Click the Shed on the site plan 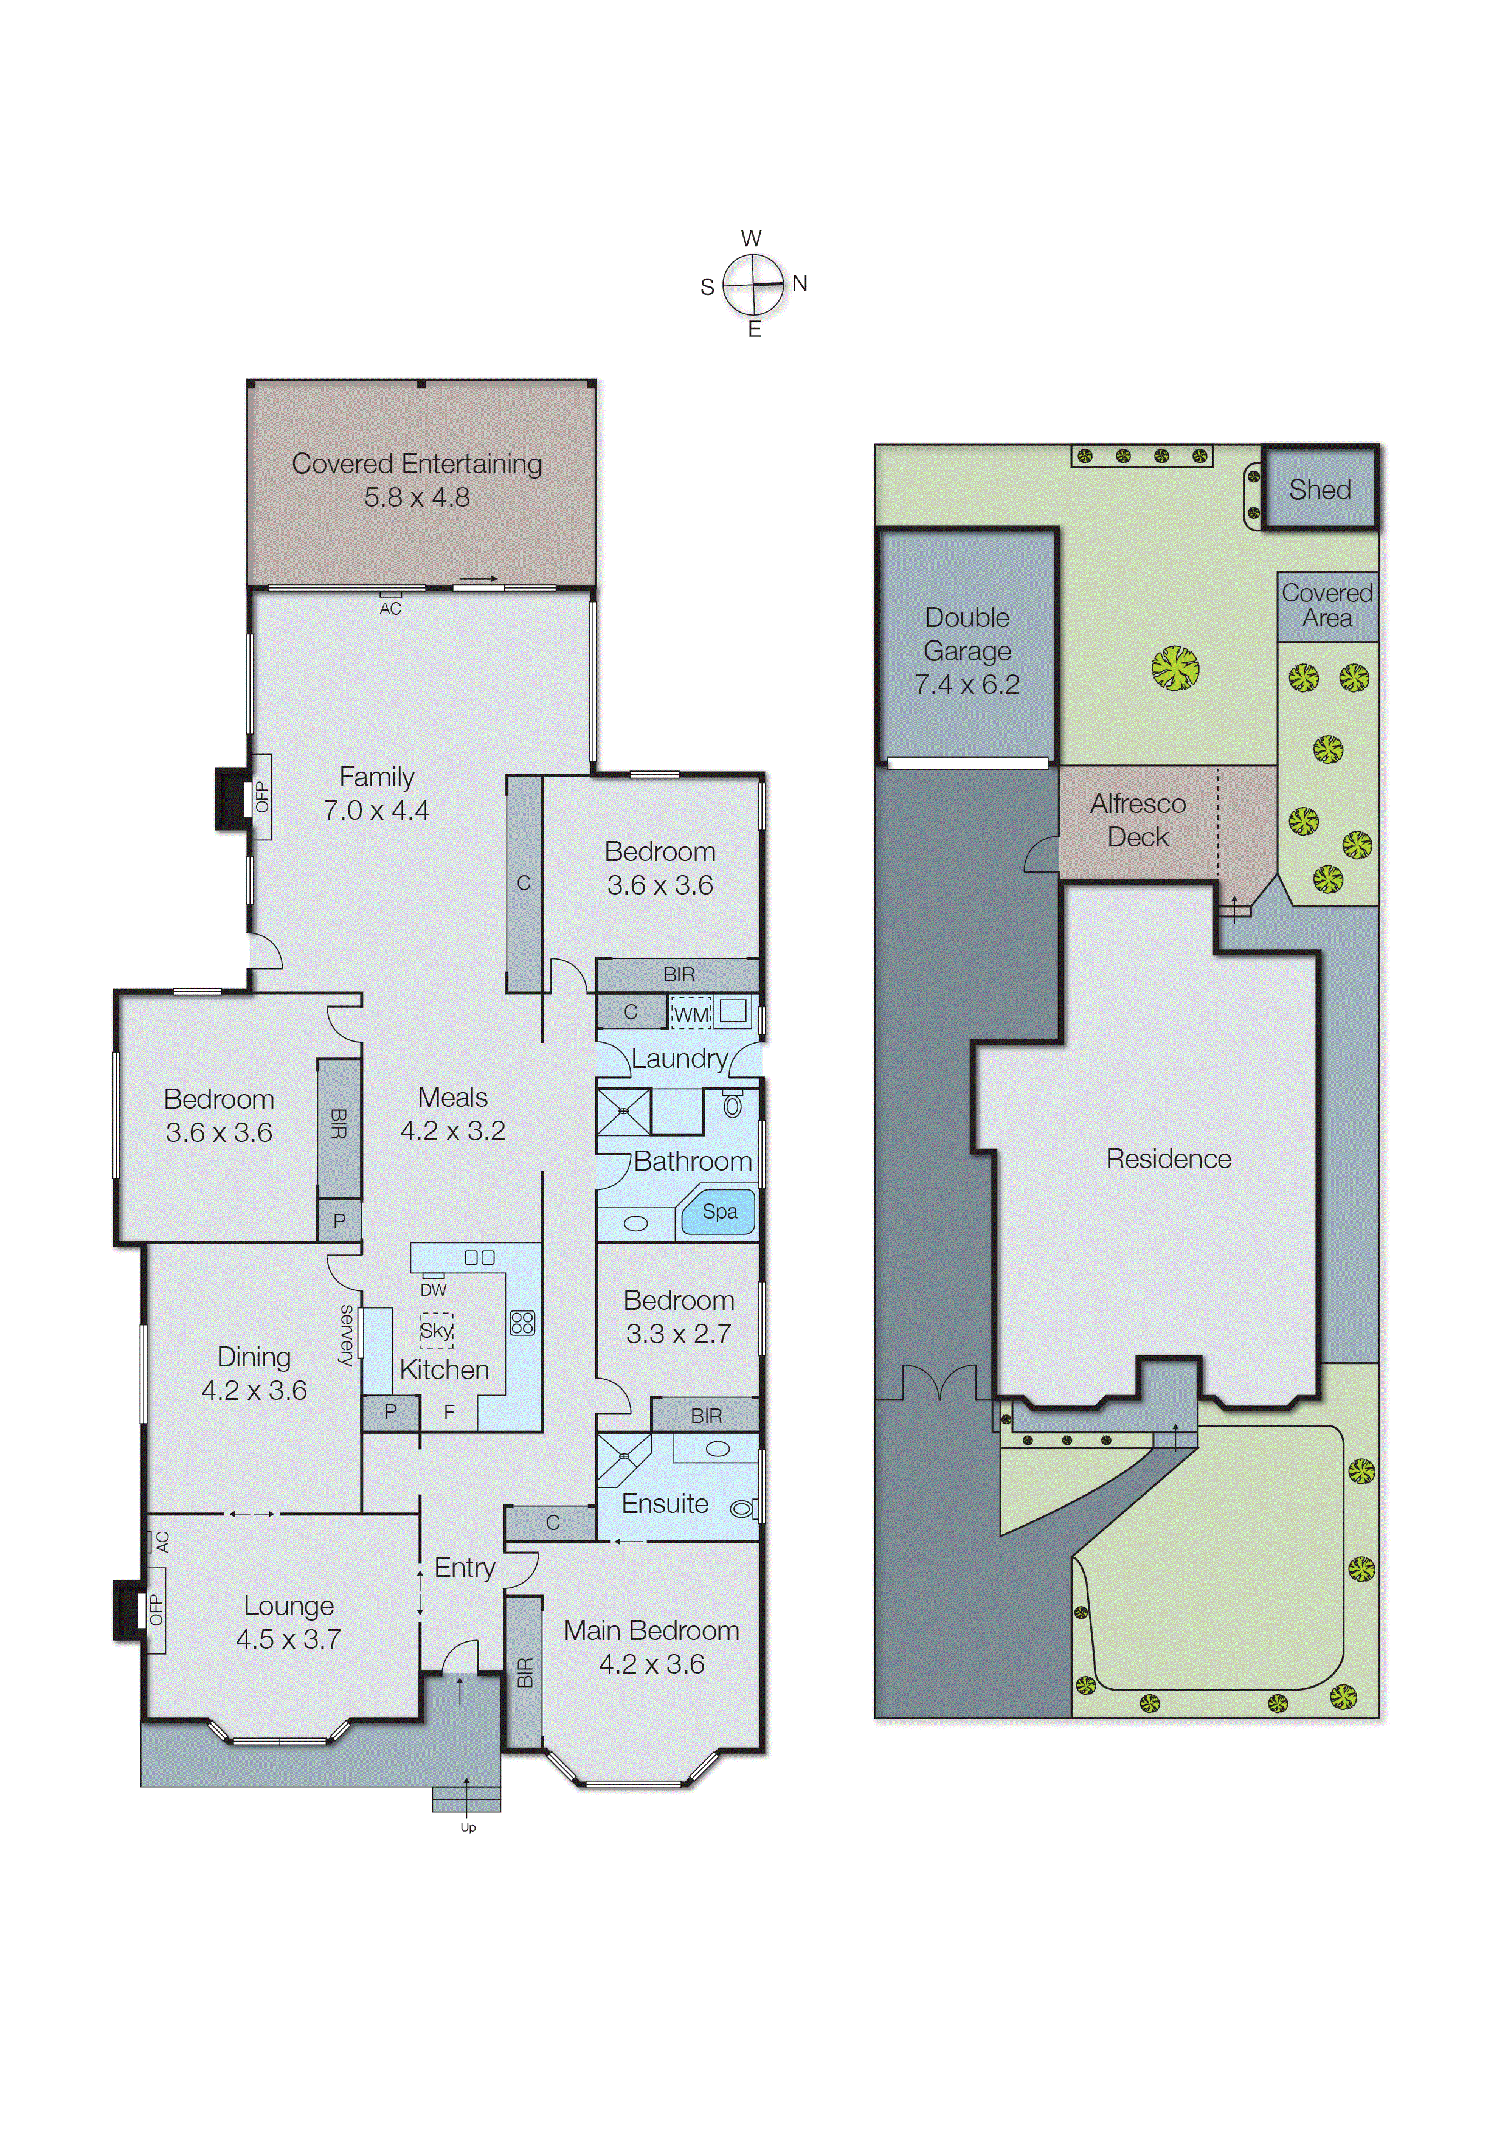click(1319, 490)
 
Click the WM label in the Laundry click(690, 1014)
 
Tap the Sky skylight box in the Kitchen click(435, 1329)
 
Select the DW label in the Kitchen click(433, 1290)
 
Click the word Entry click(465, 1567)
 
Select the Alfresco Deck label click(1138, 820)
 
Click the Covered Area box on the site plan click(1326, 605)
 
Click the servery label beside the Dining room click(347, 1334)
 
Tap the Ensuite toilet click(741, 1509)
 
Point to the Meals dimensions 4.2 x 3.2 click(452, 1131)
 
